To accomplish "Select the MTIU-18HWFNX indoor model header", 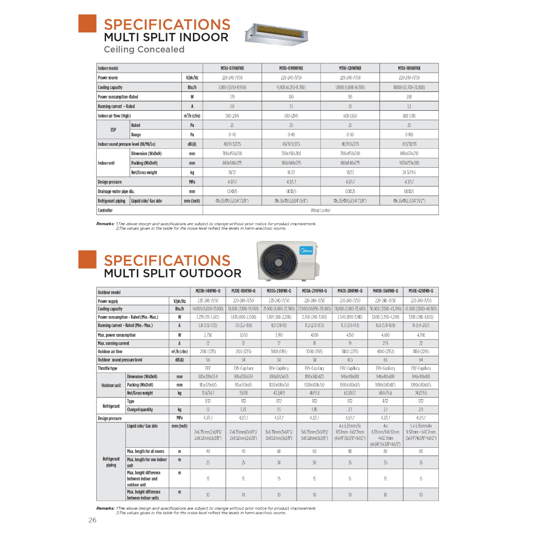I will [x=409, y=68].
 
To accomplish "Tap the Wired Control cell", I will [x=321, y=210].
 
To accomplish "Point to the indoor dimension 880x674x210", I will [x=409, y=154].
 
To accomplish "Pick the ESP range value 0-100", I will [x=409, y=135].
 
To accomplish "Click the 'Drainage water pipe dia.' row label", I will [x=116, y=191].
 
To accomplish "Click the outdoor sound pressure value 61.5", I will [x=350, y=360].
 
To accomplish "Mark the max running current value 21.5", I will [x=385, y=343].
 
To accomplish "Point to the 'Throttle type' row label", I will [x=107, y=368].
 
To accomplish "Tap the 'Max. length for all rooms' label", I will [x=146, y=451].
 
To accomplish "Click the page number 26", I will [x=92, y=520].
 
